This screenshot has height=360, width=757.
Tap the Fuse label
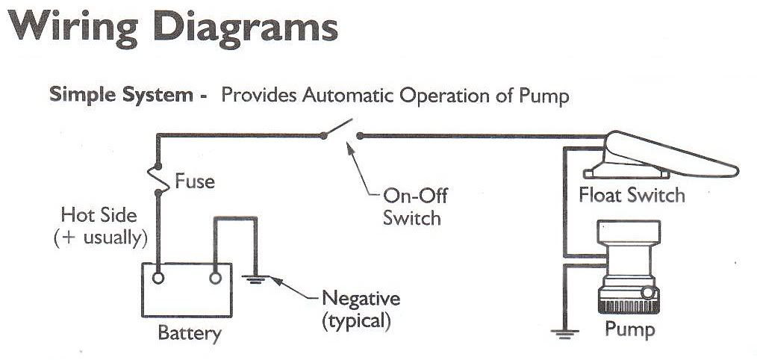195,181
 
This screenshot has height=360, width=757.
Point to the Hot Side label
99,216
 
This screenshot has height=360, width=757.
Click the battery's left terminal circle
159,279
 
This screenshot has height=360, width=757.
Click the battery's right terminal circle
216,279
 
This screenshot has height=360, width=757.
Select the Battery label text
189,332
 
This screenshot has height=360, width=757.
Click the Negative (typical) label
361,310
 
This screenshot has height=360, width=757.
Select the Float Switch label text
632,196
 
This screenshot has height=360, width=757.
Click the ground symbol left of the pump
565,332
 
